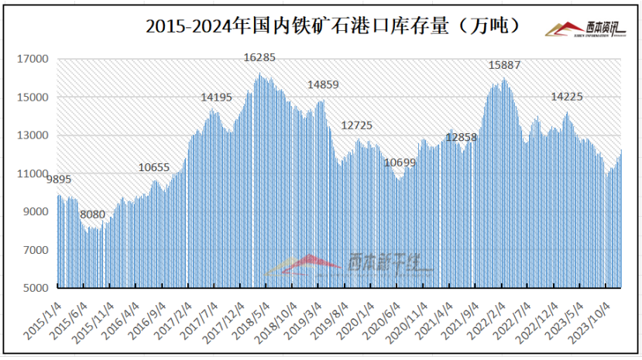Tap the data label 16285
(x=259, y=57)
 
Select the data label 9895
(x=59, y=180)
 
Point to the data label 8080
(x=93, y=214)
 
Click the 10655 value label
(x=154, y=167)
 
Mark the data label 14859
(x=324, y=84)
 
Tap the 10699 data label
(x=400, y=163)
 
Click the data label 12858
(x=462, y=138)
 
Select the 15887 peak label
(x=504, y=65)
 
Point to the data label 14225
(x=567, y=98)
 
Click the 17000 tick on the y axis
(x=36, y=59)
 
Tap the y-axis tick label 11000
(x=36, y=173)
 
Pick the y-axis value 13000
(x=36, y=135)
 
